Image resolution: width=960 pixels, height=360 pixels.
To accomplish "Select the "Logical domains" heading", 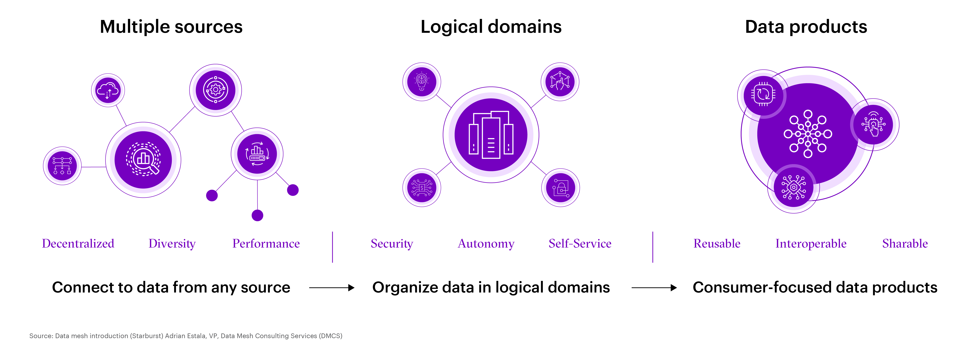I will (491, 27).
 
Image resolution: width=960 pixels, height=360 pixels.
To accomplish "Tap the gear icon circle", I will (215, 90).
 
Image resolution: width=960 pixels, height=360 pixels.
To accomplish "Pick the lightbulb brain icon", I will (422, 81).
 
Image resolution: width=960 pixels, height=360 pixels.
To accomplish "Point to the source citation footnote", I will (186, 336).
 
